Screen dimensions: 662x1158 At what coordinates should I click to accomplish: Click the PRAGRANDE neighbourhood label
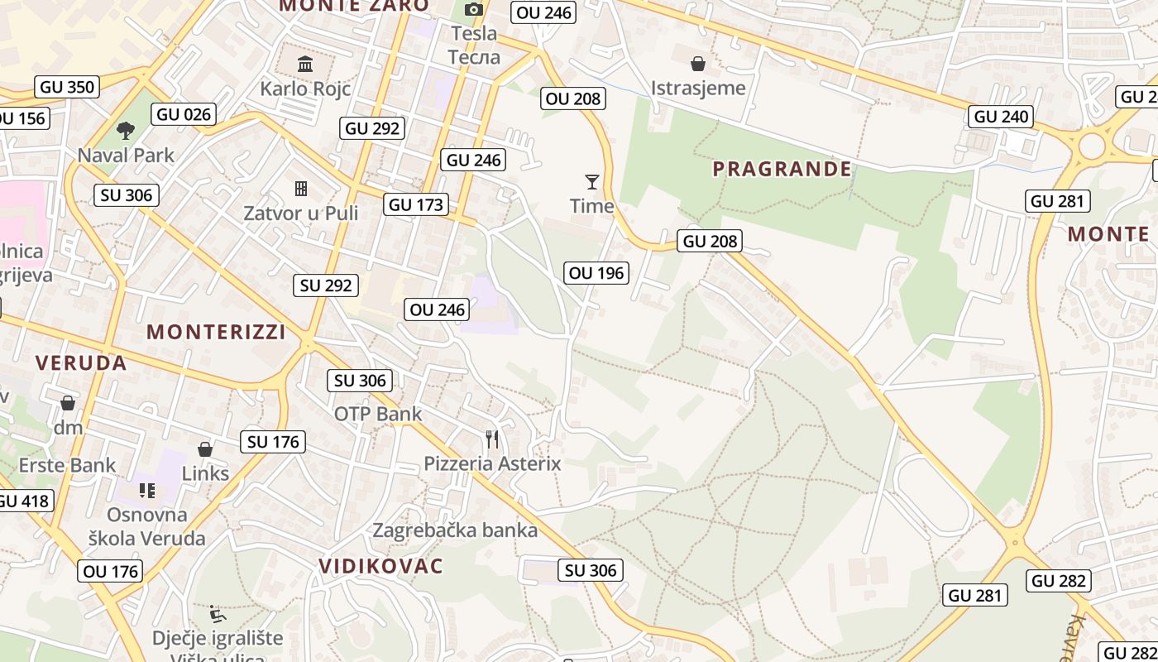tap(782, 169)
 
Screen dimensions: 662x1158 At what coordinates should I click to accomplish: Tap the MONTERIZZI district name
tap(216, 332)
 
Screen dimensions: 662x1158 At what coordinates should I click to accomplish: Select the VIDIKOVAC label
tap(381, 566)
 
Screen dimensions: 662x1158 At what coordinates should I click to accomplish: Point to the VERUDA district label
tap(81, 362)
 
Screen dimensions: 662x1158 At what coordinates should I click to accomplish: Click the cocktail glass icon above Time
tap(591, 181)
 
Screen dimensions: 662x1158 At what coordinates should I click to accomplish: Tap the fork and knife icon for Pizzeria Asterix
tap(492, 439)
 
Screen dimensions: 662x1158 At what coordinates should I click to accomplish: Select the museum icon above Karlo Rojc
tap(305, 64)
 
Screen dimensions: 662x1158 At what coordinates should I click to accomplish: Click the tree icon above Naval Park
tap(126, 130)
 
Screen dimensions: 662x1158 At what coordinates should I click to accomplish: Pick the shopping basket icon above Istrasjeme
tap(698, 63)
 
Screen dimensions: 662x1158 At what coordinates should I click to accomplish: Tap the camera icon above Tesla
tap(473, 9)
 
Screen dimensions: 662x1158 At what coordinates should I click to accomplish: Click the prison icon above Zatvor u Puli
tap(301, 189)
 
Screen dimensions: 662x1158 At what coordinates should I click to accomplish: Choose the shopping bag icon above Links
tap(205, 449)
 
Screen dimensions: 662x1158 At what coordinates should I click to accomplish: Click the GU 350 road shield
tap(68, 87)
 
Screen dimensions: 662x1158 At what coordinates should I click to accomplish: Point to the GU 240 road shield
tap(1002, 117)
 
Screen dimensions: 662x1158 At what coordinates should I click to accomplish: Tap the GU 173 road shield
tap(417, 204)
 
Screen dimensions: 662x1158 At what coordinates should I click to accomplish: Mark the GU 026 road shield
tap(184, 114)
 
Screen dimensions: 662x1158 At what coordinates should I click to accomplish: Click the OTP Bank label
tap(378, 414)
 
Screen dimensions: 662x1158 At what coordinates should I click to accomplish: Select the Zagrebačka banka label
tap(455, 530)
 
